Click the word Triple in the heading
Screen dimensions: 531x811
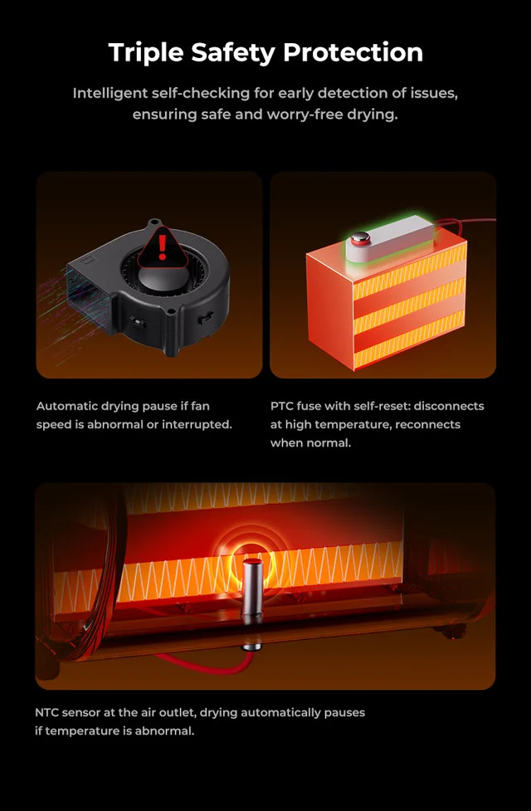146,53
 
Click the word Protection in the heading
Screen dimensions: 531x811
353,53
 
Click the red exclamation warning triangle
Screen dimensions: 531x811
163,247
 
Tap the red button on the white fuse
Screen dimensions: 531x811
360,238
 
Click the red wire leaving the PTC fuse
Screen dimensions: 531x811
465,222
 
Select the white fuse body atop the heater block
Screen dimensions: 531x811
391,237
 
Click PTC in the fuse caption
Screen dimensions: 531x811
280,406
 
